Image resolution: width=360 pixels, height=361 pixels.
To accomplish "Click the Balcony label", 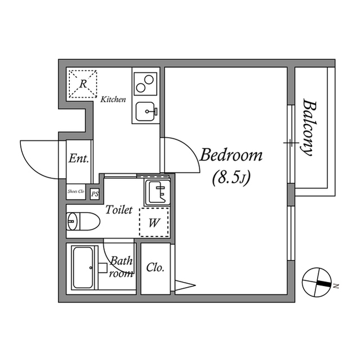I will (308, 129).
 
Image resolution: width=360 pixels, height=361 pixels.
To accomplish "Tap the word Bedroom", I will (232, 155).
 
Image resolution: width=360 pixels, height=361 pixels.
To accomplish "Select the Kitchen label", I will (113, 100).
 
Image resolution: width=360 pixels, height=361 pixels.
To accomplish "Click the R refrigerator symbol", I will (82, 84).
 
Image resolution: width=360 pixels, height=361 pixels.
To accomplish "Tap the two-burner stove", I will (145, 85).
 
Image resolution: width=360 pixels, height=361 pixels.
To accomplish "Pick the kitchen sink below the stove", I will (145, 111).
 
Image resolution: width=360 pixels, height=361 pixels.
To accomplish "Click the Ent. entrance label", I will (78, 159).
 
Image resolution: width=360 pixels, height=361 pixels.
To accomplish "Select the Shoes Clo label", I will (75, 192).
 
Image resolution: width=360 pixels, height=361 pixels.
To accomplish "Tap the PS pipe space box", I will (95, 193).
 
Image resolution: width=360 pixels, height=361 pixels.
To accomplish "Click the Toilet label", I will (119, 210).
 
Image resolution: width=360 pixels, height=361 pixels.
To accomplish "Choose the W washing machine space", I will (153, 222).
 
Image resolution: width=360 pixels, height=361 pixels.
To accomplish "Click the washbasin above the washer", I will (156, 192).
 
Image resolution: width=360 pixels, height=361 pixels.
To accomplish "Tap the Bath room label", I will (121, 267).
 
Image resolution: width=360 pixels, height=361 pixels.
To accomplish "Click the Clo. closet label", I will (155, 267).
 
